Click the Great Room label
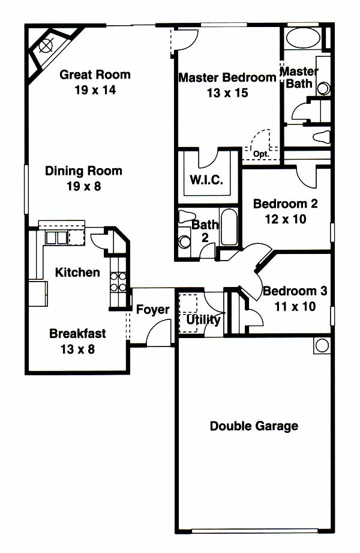pyautogui.click(x=95, y=74)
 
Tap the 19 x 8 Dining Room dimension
pyautogui.click(x=84, y=186)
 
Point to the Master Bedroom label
pyautogui.click(x=227, y=77)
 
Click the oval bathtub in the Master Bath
pyautogui.click(x=302, y=37)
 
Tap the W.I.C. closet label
pyautogui.click(x=206, y=180)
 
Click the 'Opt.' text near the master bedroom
pyautogui.click(x=261, y=154)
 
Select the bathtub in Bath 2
pyautogui.click(x=229, y=226)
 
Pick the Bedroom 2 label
pyautogui.click(x=285, y=204)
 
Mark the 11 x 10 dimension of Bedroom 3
pyautogui.click(x=295, y=306)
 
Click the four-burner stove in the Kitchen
pyautogui.click(x=118, y=282)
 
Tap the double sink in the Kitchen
pyautogui.click(x=56, y=238)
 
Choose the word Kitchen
pyautogui.click(x=77, y=272)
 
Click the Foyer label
pyautogui.click(x=152, y=309)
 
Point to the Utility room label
pyautogui.click(x=203, y=320)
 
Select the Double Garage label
pyautogui.click(x=254, y=426)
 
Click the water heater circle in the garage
pyautogui.click(x=322, y=345)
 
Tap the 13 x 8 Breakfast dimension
pyautogui.click(x=77, y=349)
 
